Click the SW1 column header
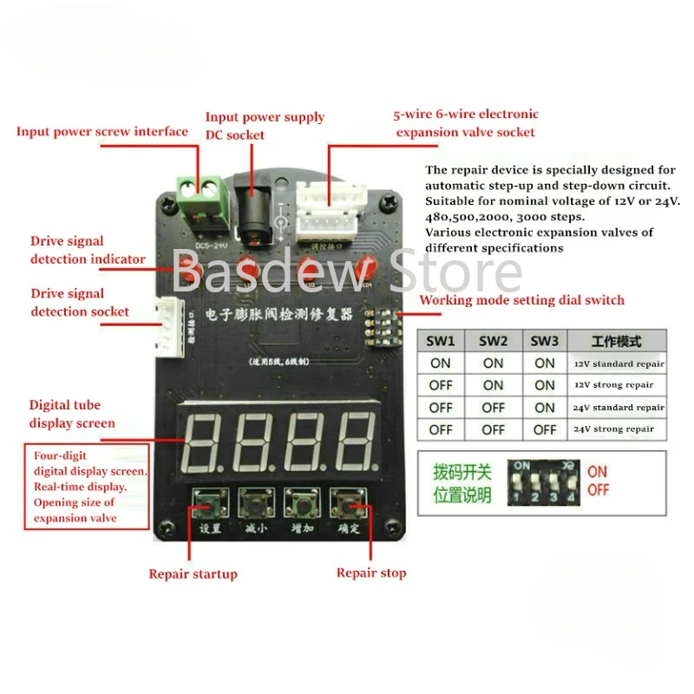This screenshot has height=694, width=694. pos(441,340)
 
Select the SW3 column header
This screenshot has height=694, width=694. pos(544,340)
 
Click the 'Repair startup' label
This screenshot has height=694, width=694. pos(193,573)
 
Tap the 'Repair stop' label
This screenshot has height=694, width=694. pos(371,573)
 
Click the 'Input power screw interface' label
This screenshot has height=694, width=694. pos(102,132)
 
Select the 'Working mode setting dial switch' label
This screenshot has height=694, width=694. pos(521,300)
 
